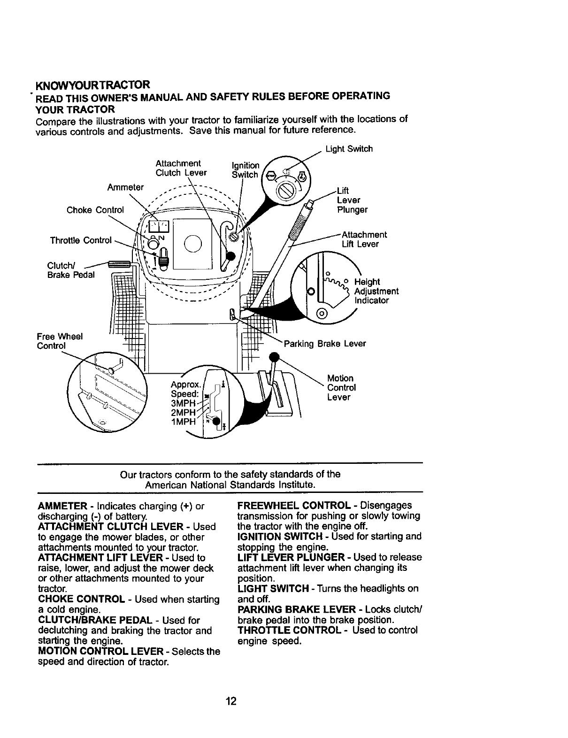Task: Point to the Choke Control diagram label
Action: click(95, 210)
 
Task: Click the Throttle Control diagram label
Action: click(81, 241)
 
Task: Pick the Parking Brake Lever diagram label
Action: click(324, 344)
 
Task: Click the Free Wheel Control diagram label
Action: click(60, 341)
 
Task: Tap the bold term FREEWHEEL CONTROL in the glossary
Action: click(294, 506)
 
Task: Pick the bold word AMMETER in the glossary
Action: click(62, 507)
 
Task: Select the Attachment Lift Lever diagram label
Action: click(364, 239)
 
